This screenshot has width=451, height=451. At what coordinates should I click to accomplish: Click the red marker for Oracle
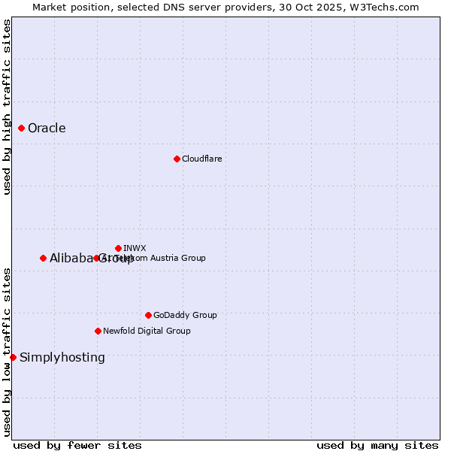click(22, 128)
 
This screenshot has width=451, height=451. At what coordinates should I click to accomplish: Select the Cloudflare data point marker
click(177, 159)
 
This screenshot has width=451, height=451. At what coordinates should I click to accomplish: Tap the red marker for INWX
click(118, 248)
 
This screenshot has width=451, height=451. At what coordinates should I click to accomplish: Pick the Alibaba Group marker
click(43, 258)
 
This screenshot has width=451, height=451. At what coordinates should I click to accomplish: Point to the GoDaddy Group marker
click(148, 315)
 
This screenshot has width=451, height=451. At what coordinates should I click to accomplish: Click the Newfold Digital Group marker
click(98, 331)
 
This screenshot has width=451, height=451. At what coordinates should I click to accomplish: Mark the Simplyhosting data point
click(13, 357)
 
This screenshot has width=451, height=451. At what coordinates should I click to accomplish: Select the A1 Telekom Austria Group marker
click(96, 258)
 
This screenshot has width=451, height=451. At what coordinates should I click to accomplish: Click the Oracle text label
click(47, 128)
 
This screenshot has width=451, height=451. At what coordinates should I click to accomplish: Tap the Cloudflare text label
click(201, 159)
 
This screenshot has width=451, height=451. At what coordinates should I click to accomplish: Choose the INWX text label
click(135, 248)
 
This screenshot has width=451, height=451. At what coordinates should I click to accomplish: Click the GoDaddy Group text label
click(185, 315)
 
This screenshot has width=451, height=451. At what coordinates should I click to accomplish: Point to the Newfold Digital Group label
click(147, 331)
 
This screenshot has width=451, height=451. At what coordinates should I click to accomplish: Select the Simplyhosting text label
click(62, 357)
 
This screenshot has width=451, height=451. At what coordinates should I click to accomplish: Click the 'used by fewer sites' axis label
click(77, 445)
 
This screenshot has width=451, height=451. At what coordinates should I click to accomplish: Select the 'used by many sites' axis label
click(377, 445)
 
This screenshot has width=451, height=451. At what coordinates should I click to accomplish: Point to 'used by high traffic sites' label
click(7, 107)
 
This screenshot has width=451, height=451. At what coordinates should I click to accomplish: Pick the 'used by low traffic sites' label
click(7, 352)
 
